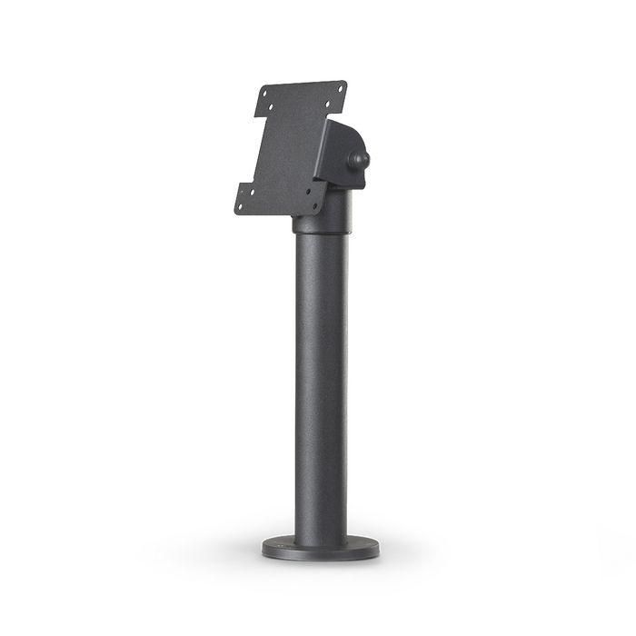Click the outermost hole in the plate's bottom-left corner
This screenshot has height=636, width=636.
[240, 206]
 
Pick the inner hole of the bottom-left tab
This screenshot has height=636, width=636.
[251, 194]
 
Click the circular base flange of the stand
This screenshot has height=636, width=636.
[319, 548]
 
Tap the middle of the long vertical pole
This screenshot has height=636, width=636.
[319, 382]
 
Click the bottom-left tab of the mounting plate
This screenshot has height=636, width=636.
[245, 199]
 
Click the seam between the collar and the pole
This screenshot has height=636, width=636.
[319, 234]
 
